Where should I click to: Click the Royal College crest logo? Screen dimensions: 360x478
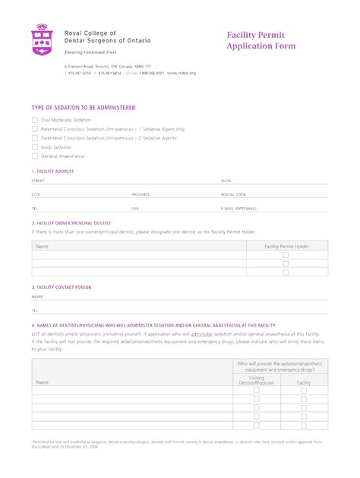42,39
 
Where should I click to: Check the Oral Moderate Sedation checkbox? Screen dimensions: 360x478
35,120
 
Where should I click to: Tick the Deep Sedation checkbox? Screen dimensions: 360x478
35,147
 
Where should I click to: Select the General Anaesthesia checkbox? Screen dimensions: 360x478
35,156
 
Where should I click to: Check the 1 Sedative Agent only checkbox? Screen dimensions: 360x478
35,129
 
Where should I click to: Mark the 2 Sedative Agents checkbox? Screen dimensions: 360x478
35,138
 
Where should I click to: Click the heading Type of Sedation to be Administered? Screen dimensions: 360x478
84,108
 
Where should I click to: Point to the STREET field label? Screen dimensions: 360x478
39,181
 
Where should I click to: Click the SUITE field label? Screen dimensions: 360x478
226,181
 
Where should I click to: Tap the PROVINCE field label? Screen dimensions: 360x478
141,194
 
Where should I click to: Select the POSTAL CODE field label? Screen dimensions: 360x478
234,194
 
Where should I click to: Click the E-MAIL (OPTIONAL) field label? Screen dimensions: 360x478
240,207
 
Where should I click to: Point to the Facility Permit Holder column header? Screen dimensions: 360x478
286,247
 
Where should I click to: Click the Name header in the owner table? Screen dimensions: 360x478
43,247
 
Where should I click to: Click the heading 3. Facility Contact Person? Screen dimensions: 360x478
62,288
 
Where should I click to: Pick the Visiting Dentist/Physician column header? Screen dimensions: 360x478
257,381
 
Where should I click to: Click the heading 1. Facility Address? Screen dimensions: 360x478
53,171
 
